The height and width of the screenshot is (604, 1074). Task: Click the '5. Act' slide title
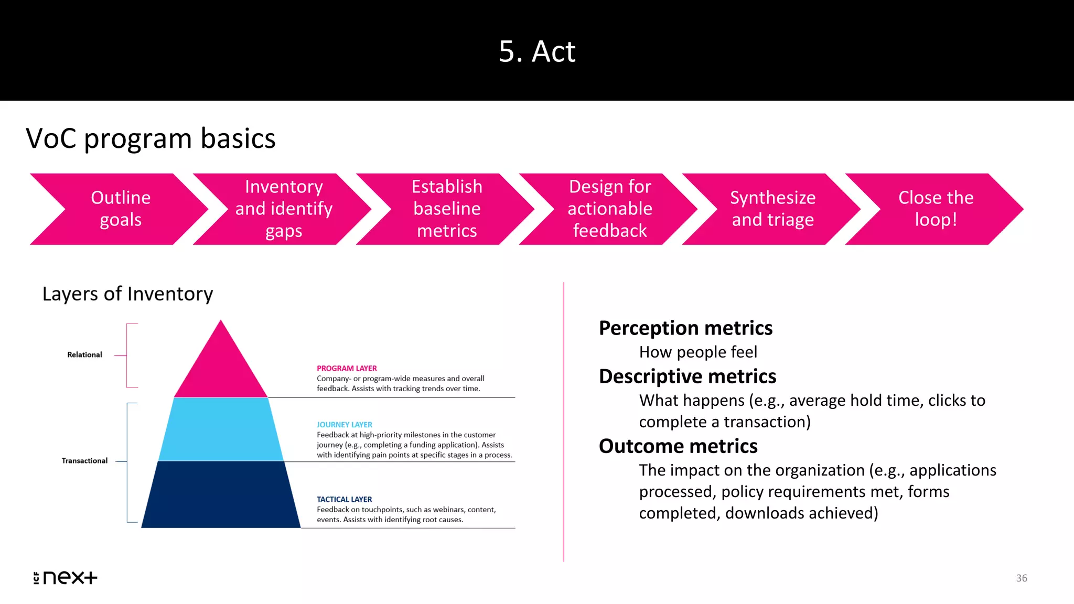(537, 51)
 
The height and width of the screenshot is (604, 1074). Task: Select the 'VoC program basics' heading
(151, 138)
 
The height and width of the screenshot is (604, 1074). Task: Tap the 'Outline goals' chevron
(120, 209)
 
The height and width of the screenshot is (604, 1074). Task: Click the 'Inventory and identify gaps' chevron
(284, 209)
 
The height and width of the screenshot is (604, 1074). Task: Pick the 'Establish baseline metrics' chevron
(447, 209)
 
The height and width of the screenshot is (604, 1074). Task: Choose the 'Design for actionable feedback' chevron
(610, 209)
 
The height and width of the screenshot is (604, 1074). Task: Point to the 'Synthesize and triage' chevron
(772, 209)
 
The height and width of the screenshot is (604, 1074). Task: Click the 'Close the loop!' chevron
(936, 209)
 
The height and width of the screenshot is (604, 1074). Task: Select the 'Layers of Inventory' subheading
(127, 294)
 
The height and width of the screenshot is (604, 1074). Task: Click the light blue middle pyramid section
(221, 430)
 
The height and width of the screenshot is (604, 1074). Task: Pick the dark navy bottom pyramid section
(221, 495)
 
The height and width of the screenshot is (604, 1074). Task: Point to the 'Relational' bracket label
(84, 355)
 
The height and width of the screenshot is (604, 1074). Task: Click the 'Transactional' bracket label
(84, 461)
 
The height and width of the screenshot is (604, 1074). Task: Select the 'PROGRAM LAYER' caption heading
(347, 369)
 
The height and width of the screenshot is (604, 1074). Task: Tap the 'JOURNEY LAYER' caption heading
(345, 425)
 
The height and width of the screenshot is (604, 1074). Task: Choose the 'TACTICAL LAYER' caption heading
(345, 500)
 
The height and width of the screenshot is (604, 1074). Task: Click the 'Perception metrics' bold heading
(685, 328)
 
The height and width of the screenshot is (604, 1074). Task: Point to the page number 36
(1022, 578)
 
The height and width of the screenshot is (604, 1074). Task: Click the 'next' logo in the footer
(66, 578)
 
